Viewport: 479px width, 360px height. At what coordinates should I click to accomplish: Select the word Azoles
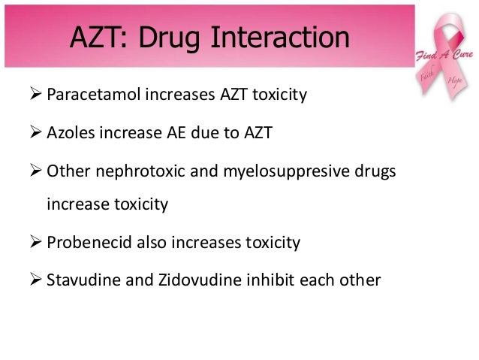[68, 135]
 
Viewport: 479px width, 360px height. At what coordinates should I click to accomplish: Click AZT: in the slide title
[96, 37]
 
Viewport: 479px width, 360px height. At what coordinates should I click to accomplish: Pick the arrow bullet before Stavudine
[35, 281]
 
